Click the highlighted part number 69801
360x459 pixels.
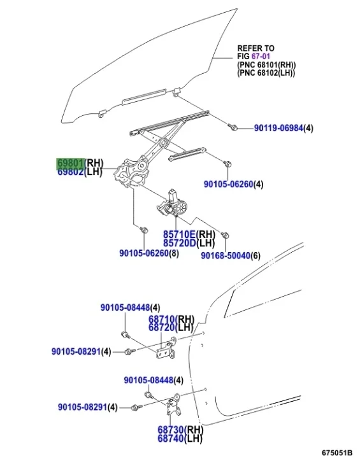click(71, 162)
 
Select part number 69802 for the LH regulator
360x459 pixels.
click(71, 171)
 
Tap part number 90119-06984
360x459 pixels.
click(278, 128)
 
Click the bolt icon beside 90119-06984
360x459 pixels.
click(233, 127)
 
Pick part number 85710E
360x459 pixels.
click(179, 234)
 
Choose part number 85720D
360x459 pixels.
click(180, 243)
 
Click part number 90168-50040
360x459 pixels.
click(226, 255)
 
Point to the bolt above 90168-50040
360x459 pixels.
click(225, 236)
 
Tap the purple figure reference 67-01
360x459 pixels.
click(261, 56)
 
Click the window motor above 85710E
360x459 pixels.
click(172, 204)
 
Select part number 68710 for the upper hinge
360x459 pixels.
click(162, 319)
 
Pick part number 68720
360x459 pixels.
click(162, 328)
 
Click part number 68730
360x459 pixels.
click(171, 430)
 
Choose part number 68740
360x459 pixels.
click(171, 438)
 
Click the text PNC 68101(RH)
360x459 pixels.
click(266, 64)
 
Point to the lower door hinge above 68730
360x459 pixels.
click(173, 404)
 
